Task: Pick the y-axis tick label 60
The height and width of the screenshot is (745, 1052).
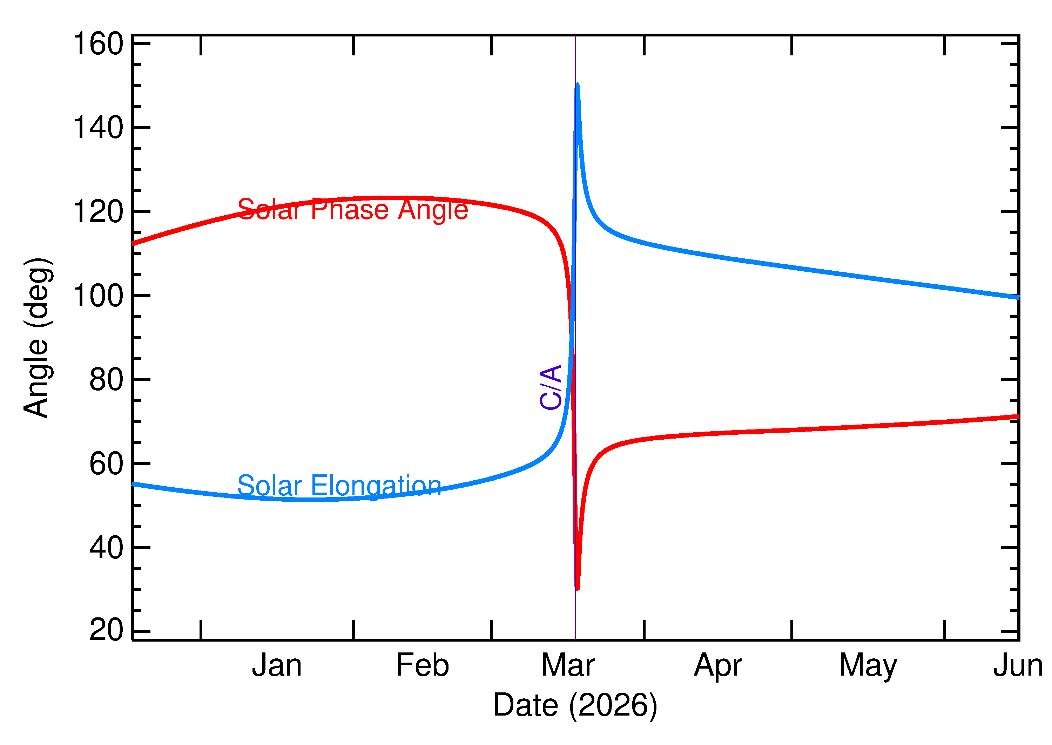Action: point(107,464)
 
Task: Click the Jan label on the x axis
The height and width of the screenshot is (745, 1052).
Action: point(277,666)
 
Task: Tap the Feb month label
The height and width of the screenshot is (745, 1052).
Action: point(423,666)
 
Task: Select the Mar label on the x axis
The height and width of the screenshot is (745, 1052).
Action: point(568,666)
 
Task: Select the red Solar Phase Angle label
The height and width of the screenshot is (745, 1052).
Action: point(353,210)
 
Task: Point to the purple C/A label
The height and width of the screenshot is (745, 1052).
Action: point(551,387)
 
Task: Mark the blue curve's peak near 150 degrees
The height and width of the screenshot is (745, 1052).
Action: point(577,85)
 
